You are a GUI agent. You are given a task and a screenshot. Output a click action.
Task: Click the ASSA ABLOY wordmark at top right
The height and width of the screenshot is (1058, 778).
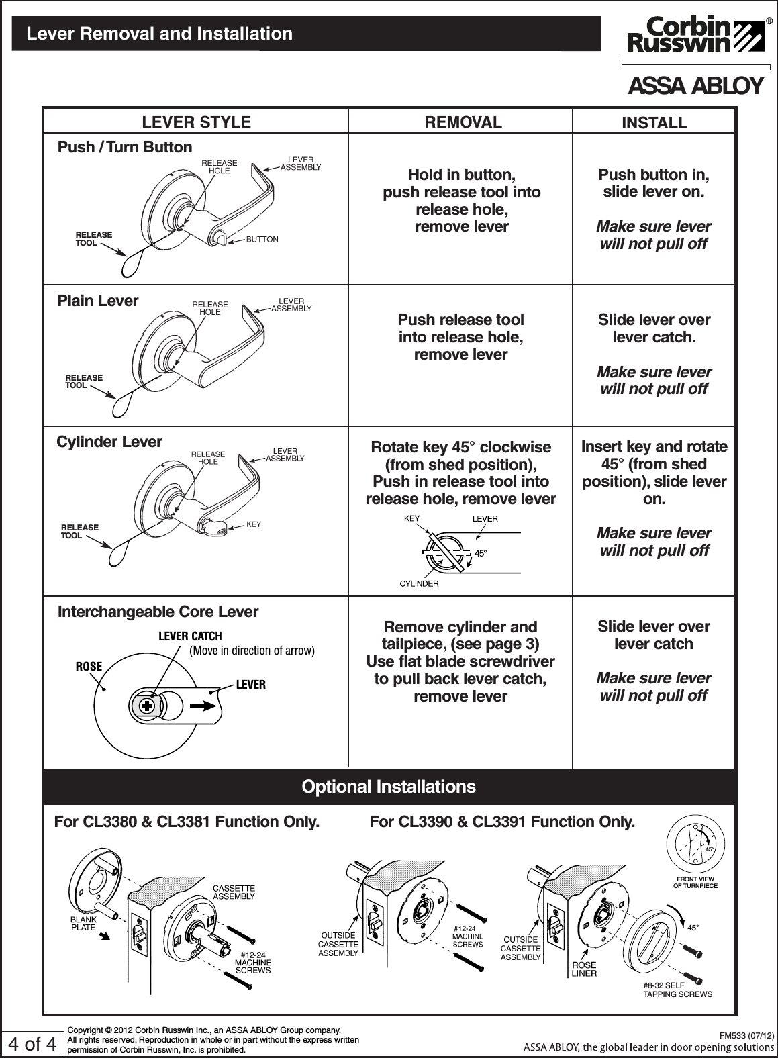(695, 87)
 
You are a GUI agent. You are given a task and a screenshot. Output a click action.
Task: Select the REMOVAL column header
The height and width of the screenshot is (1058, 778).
(461, 122)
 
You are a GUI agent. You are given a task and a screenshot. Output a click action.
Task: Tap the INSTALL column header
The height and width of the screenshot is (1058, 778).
(654, 123)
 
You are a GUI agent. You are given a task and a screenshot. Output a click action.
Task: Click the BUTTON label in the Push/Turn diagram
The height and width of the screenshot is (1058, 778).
(262, 240)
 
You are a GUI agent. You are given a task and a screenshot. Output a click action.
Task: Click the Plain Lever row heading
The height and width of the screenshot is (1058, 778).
(98, 301)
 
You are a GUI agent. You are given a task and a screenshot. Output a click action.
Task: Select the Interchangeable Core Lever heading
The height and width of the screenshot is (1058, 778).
(158, 612)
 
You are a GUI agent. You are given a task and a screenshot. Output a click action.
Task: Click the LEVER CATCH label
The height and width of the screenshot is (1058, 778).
(189, 636)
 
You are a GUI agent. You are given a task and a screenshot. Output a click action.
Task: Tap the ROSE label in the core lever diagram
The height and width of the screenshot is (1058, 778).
(89, 667)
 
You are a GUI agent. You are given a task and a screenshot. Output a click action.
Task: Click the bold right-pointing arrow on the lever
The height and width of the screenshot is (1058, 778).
(204, 706)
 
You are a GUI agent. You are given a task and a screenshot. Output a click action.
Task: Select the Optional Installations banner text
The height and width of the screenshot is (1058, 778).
(389, 787)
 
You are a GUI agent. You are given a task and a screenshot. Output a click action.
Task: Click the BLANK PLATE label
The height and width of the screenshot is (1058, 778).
(83, 923)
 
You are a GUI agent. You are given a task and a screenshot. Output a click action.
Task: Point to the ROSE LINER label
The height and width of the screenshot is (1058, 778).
(583, 969)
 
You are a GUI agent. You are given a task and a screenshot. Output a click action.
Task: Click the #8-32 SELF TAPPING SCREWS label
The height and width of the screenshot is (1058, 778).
(677, 989)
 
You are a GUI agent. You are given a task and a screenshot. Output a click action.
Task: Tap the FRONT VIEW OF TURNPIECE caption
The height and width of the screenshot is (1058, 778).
(695, 883)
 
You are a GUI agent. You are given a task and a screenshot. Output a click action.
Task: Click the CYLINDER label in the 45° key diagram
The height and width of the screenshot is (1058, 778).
(419, 583)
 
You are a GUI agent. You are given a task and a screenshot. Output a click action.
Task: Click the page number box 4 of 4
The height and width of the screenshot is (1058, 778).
(31, 1045)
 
